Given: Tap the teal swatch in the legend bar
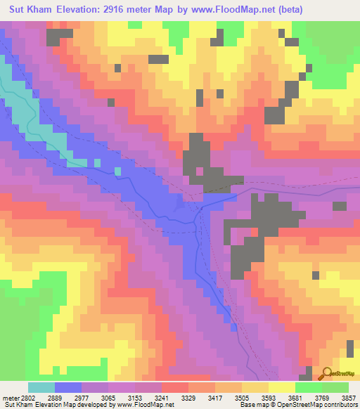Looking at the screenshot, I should click(x=41, y=387).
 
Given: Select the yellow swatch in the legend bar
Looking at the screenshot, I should click(x=281, y=387).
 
